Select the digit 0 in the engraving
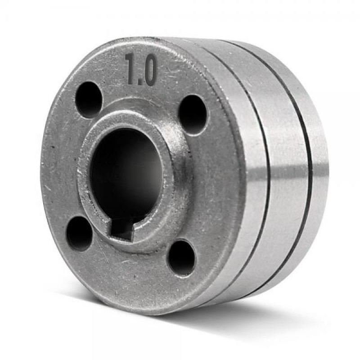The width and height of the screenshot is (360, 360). pos(150,71)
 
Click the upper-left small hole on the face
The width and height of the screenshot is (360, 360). pos(89,100)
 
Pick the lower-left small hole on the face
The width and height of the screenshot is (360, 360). pos(79,233)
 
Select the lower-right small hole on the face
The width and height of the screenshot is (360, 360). pos(181,258)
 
